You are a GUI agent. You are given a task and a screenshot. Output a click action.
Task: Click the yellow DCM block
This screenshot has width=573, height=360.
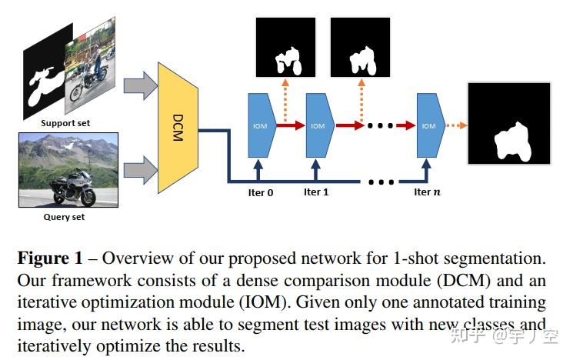point(178,127)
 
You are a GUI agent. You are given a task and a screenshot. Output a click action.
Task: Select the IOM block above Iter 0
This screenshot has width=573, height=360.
point(261,126)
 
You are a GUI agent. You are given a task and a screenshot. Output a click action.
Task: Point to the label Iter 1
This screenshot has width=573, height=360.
point(316,192)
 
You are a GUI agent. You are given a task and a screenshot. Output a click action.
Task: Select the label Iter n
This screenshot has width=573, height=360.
point(428,192)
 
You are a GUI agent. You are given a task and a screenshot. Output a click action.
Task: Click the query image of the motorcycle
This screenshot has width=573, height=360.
point(69,169)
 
